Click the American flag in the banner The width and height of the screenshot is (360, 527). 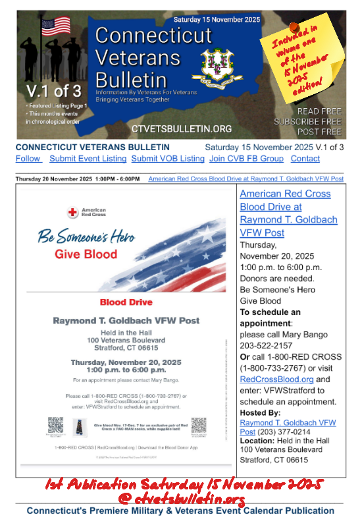(56, 26)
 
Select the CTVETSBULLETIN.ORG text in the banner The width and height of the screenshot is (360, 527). (182, 128)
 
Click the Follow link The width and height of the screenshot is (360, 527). (28, 159)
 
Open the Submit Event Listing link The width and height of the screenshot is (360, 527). (88, 159)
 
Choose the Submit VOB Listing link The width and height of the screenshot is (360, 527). (168, 159)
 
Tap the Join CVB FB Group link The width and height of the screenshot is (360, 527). (246, 159)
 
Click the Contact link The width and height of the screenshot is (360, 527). (305, 159)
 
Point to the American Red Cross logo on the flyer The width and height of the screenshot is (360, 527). (82, 212)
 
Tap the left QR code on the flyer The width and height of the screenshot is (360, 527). (55, 425)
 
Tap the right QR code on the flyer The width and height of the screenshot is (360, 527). (198, 425)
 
